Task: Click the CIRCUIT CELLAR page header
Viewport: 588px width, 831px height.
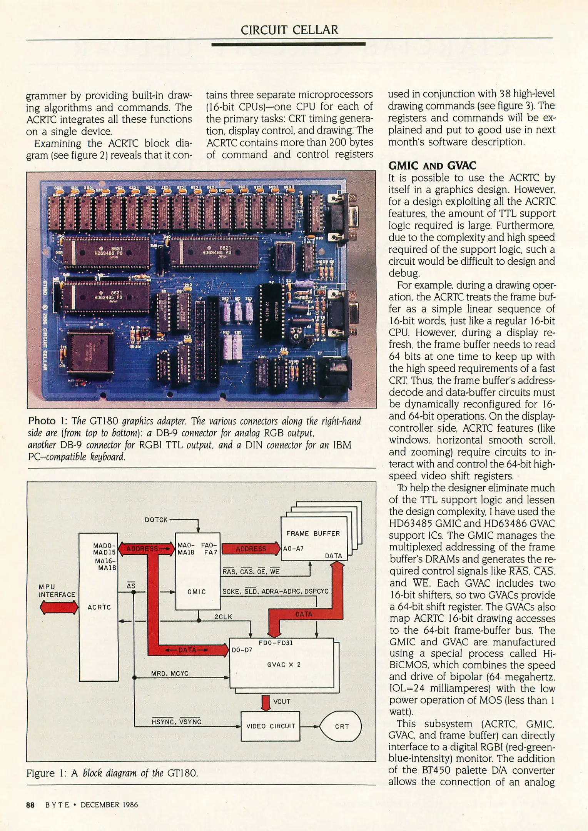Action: coord(289,30)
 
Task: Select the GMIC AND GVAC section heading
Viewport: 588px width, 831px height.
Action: coord(432,166)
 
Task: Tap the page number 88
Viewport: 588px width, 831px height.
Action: coord(30,805)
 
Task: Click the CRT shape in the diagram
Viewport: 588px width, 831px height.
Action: coord(341,726)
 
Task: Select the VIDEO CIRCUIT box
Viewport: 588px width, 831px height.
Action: coord(271,726)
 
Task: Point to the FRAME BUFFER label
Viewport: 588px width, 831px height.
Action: coord(313,534)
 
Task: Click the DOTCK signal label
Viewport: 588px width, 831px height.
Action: coord(156,520)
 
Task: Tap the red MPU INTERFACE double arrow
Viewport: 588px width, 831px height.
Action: coord(59,608)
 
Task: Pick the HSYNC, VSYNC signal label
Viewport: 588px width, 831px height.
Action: coord(177,722)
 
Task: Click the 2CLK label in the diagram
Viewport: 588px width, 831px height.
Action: coord(223,617)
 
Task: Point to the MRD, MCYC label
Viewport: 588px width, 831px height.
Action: coord(169,673)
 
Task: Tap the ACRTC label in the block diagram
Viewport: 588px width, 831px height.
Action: coord(99,607)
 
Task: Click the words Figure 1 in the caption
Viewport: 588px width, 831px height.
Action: coord(46,773)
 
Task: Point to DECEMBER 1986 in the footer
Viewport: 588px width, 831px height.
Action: coord(109,805)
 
